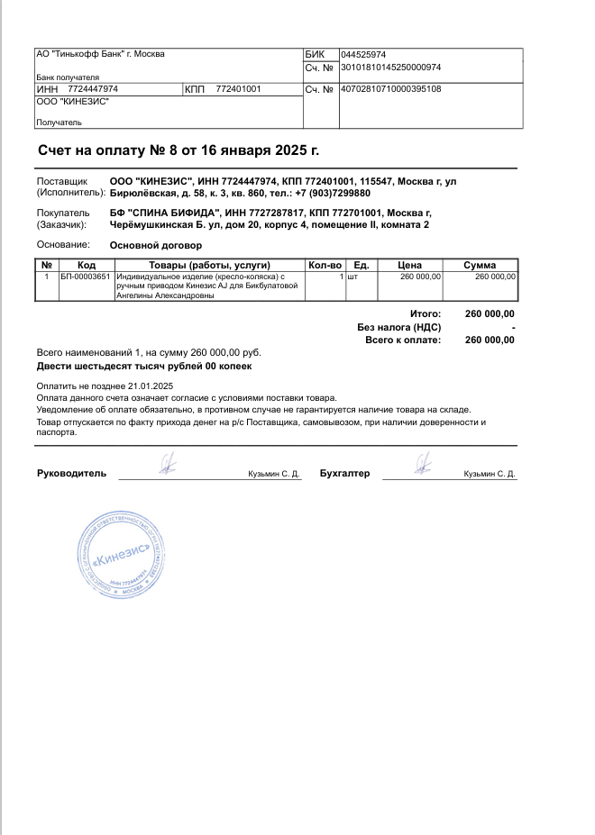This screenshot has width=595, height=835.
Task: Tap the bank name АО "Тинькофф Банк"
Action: coord(100,54)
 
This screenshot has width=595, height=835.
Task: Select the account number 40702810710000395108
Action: coord(390,89)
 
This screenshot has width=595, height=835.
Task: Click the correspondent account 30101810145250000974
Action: coord(390,68)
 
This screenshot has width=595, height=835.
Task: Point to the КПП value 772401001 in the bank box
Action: coord(239,89)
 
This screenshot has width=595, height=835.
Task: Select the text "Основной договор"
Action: coord(156,245)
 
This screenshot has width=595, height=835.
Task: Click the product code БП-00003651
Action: coord(86,277)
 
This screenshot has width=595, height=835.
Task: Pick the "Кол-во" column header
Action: coord(325,265)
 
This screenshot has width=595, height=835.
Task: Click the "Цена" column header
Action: coord(410,265)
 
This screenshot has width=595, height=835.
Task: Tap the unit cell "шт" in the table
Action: coord(352,277)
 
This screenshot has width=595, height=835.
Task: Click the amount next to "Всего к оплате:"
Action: coord(490,340)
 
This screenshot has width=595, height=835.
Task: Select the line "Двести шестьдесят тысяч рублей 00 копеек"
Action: coord(144,367)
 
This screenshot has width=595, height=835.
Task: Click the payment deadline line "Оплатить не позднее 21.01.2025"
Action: coord(105,386)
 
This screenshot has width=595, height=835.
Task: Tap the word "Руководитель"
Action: coord(71,473)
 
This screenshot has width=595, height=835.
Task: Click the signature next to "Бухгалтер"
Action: coord(422,464)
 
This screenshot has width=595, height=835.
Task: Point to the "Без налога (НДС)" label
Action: coord(398,327)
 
